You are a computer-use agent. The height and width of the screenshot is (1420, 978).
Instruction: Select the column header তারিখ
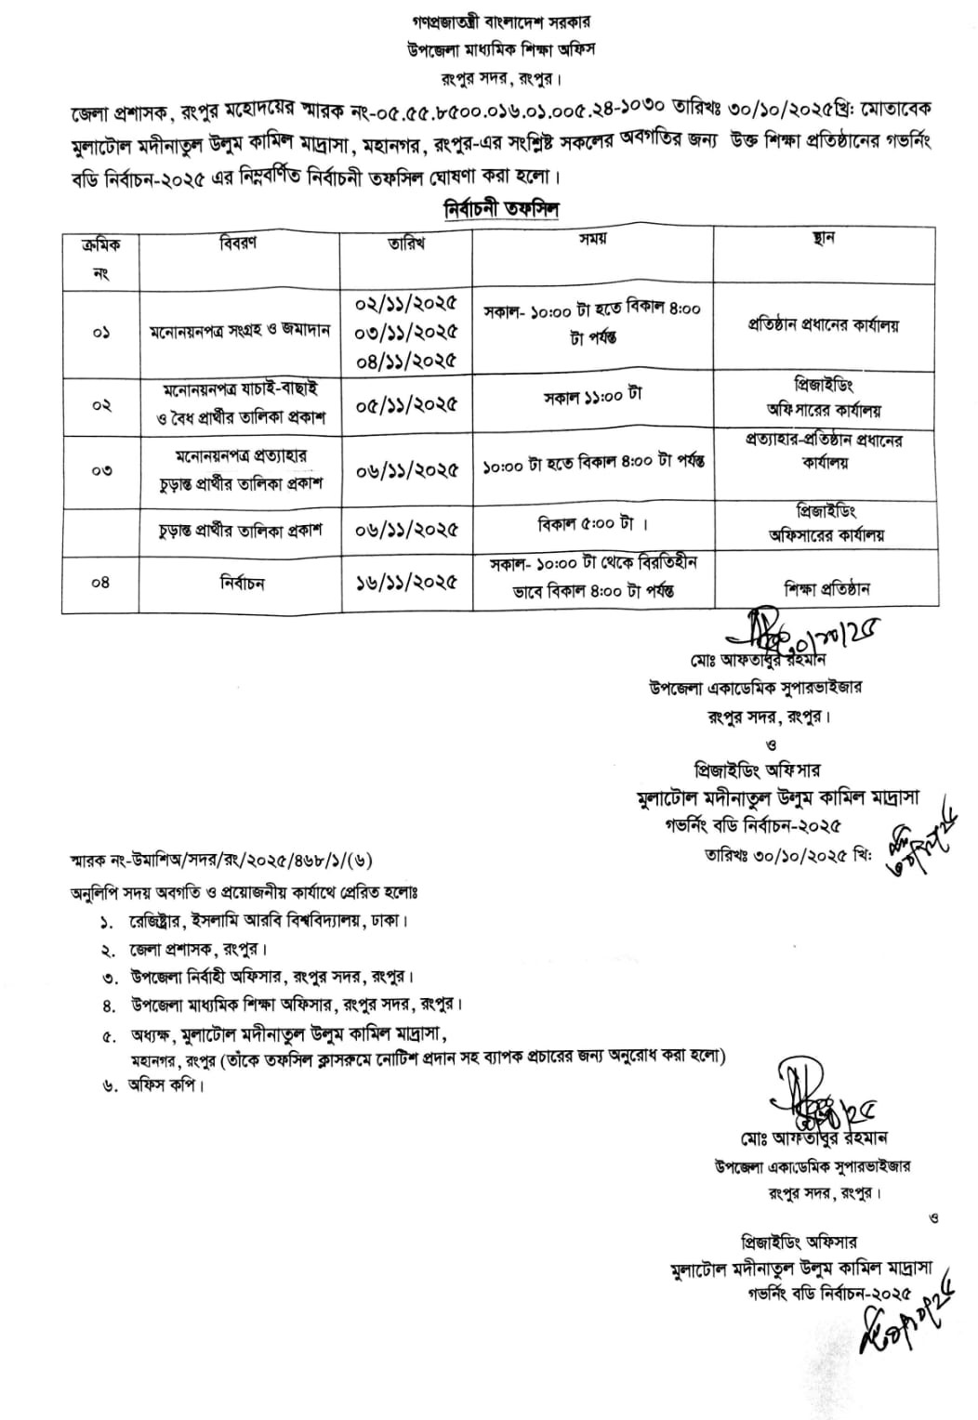pos(406,243)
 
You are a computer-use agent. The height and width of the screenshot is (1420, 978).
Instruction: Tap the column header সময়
pos(592,239)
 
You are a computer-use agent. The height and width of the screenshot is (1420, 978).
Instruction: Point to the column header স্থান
pos(823,239)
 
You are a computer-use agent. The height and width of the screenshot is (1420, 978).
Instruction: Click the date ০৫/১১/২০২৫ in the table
pos(406,405)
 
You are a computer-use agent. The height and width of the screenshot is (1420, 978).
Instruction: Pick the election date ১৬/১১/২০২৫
pos(406,583)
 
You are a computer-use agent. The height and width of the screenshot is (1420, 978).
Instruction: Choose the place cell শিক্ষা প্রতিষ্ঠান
pos(823,589)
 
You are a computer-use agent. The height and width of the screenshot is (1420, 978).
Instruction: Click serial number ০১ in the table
pos(101,332)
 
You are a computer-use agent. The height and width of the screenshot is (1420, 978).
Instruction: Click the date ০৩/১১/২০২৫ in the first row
pos(406,332)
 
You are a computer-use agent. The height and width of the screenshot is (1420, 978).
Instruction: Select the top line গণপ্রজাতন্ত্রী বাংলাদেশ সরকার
pos(489,20)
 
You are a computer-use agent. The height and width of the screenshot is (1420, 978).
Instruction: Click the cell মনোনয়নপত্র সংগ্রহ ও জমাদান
pos(241,332)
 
